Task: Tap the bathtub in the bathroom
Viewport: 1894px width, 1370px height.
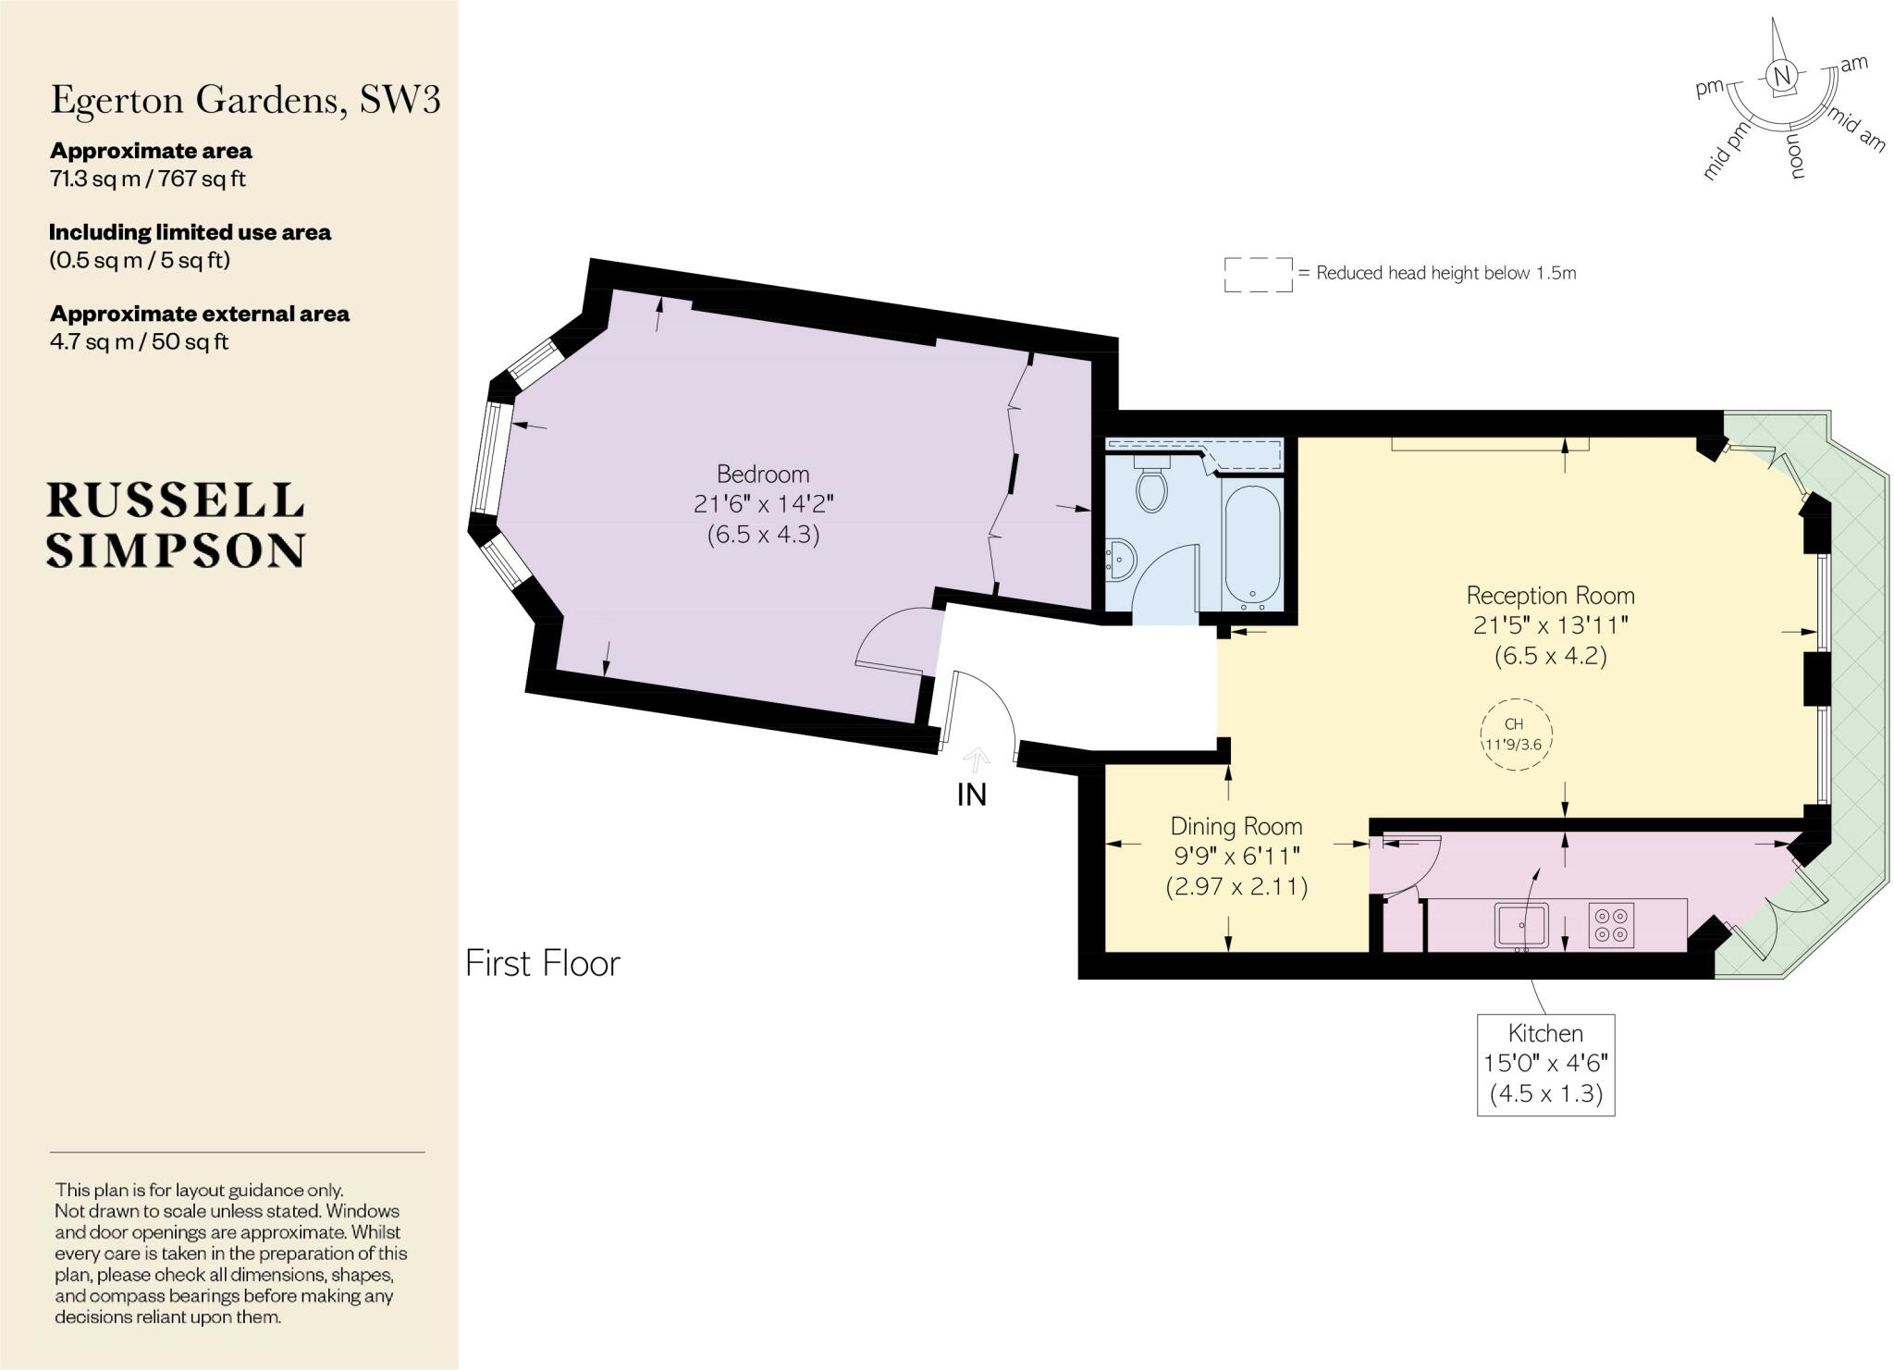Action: [1252, 546]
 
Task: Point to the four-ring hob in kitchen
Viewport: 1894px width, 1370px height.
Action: [1612, 925]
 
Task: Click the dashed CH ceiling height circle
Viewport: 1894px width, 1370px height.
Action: [1515, 735]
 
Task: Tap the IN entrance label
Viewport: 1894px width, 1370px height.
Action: [971, 795]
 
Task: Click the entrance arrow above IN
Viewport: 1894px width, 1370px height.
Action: [977, 759]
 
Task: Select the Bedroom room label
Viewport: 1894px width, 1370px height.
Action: [763, 475]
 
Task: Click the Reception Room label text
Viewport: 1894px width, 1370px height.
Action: [1550, 596]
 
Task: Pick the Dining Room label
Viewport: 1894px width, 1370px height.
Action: [1236, 826]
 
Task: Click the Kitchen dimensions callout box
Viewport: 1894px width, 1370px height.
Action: [1545, 1064]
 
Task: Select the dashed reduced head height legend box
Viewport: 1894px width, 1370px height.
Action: [1258, 275]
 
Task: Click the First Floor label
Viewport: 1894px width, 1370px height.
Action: [542, 964]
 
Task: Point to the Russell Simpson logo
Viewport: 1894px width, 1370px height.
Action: [176, 525]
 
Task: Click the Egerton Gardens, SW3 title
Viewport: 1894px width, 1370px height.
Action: [245, 100]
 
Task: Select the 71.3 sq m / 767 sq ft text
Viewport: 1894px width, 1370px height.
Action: [148, 179]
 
